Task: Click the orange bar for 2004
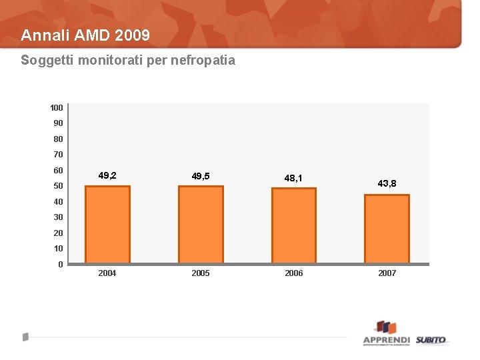coord(107,224)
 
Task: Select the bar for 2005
coord(201,224)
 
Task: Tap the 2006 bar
coord(294,225)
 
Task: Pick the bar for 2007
coord(387,229)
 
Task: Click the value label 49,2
coord(107,176)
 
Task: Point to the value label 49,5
coord(201,176)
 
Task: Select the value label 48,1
coord(293,178)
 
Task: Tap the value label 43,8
coord(387,183)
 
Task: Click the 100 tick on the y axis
coord(57,107)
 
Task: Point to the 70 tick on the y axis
coord(59,155)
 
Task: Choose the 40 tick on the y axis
coord(59,202)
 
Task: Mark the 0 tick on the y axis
coord(61,265)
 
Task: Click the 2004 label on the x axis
coord(107,273)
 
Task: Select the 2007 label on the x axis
coord(387,273)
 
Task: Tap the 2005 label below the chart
coord(201,273)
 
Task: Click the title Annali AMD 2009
coord(85,35)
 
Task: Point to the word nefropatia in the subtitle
coord(203,61)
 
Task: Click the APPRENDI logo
coord(386,333)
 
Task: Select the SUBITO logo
coord(431,340)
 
